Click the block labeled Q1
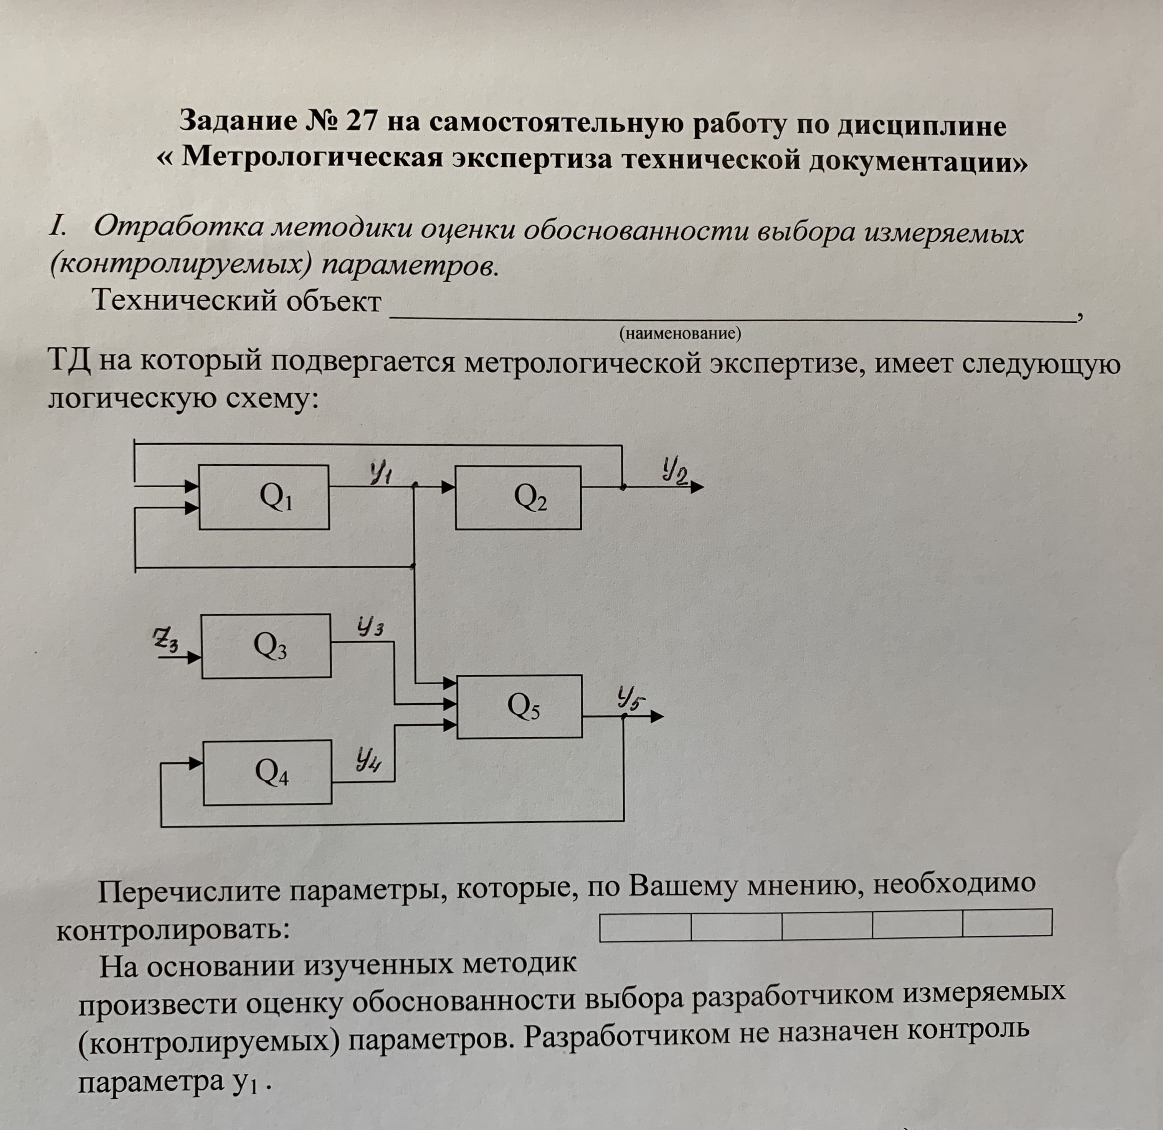(x=264, y=497)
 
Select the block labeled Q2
(x=518, y=497)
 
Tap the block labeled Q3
(x=266, y=646)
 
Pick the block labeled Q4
(x=267, y=772)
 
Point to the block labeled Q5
(x=519, y=707)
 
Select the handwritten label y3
(x=370, y=627)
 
